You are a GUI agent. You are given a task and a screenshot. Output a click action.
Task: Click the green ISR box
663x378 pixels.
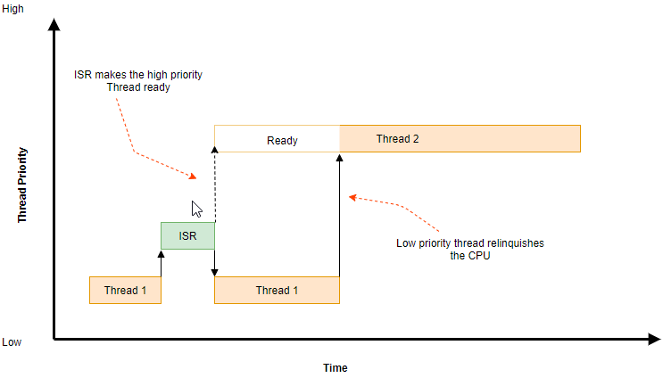(x=187, y=235)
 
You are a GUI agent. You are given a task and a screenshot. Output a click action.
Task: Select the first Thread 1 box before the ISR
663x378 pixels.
(x=125, y=290)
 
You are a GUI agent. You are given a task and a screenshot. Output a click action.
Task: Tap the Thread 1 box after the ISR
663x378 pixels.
(x=277, y=290)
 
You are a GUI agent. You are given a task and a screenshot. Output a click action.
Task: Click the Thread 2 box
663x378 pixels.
(x=460, y=138)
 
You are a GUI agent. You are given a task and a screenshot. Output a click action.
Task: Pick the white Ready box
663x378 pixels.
(x=277, y=138)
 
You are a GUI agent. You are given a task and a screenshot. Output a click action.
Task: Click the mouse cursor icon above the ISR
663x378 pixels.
(x=196, y=210)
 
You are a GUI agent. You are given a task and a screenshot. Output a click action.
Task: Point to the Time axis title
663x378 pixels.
(x=336, y=368)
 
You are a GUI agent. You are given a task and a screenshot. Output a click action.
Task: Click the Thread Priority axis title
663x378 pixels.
(x=22, y=185)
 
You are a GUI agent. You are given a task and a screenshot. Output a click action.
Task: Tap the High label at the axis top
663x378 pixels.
(x=12, y=8)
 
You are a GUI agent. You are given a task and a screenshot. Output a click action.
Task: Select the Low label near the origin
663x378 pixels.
(x=12, y=342)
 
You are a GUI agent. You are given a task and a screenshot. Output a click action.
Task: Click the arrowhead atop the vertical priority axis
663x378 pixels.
(x=54, y=24)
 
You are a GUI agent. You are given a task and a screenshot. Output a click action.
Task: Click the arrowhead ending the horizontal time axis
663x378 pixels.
(x=655, y=339)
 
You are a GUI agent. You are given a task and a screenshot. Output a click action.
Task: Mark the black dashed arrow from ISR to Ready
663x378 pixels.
(x=215, y=185)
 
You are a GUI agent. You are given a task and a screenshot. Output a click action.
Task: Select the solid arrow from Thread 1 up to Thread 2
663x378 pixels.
(x=340, y=216)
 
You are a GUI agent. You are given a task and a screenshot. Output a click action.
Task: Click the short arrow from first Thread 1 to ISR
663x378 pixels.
(x=162, y=264)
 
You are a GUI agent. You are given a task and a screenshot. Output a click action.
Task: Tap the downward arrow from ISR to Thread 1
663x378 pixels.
(x=214, y=263)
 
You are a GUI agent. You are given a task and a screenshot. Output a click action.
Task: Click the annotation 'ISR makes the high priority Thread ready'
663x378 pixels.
(x=138, y=80)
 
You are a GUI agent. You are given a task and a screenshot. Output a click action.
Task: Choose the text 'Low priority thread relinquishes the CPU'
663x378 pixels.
(x=469, y=250)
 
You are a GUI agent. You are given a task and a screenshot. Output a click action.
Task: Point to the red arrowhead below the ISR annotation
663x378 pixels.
(x=193, y=177)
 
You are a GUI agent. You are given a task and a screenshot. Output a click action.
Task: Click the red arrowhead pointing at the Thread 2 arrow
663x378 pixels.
(x=352, y=197)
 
